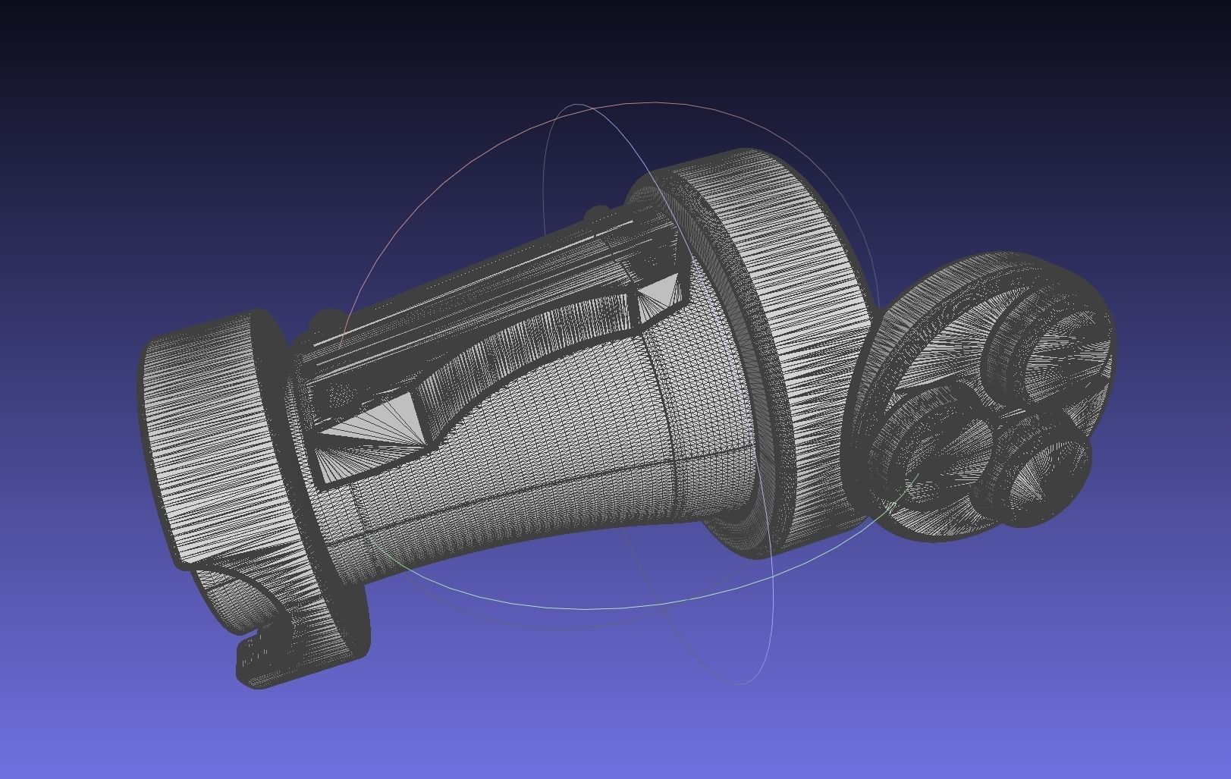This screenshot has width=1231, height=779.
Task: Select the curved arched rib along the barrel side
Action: click(x=531, y=341)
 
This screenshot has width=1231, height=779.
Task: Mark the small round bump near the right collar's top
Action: click(x=599, y=213)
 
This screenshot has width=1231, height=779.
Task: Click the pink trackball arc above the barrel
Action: click(x=425, y=190)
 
